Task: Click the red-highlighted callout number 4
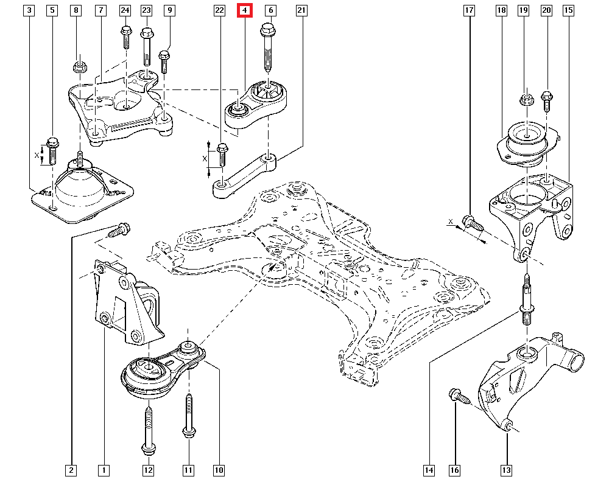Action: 244,10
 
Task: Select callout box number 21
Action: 301,10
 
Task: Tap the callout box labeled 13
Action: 507,470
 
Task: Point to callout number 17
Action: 469,10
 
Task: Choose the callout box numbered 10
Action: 219,470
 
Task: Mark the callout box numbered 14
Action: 429,470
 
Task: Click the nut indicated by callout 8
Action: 78,66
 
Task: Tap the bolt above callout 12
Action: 148,429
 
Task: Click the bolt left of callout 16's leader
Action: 458,397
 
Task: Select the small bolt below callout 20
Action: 546,100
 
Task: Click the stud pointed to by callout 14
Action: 526,302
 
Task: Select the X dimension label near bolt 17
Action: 450,222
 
